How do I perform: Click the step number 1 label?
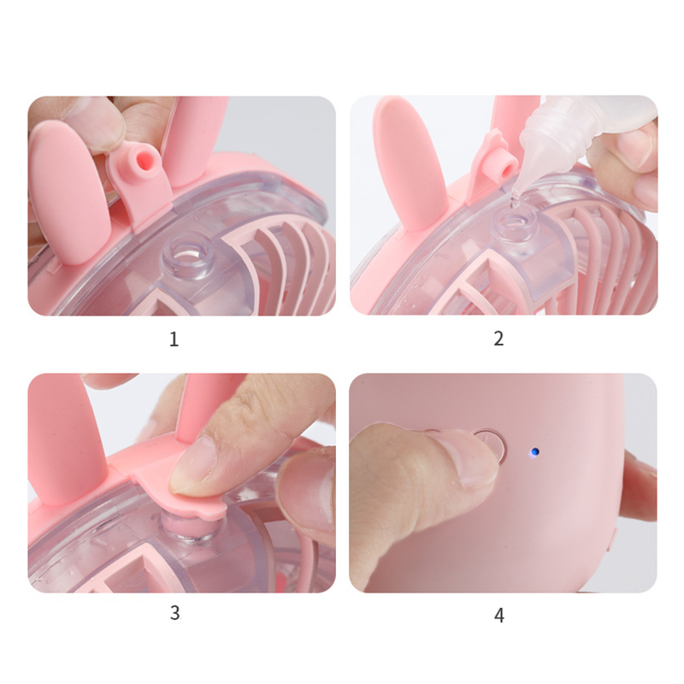174,339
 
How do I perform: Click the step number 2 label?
498,339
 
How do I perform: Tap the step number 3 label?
174,613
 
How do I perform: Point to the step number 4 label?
499,616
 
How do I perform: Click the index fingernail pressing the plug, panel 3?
192,466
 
